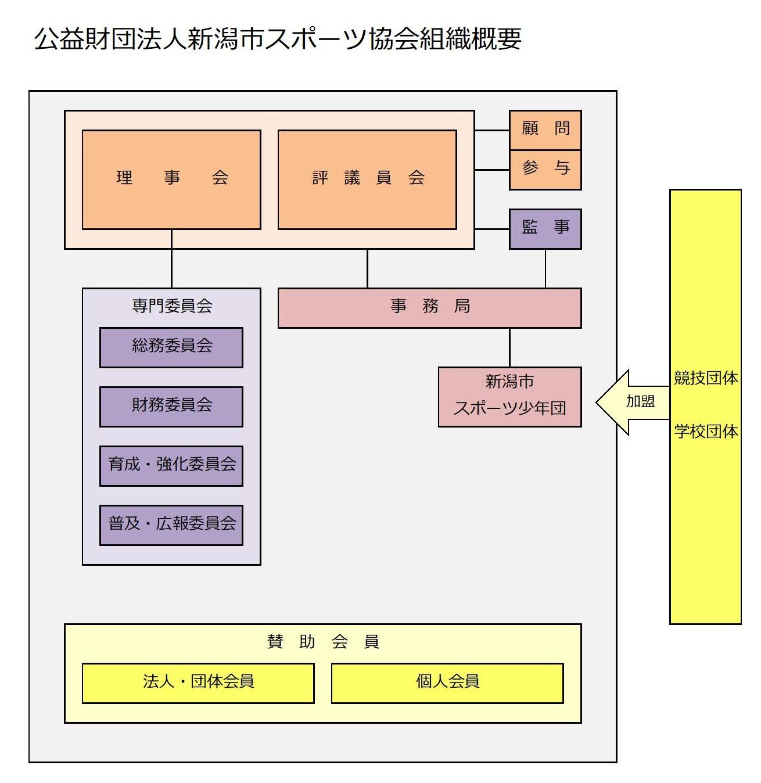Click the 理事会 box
coord(171,179)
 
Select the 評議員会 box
coord(367,179)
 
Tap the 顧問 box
coord(545,130)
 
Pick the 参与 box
coord(545,170)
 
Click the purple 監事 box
coord(545,228)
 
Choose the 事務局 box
coord(429,308)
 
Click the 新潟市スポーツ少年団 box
coord(509,397)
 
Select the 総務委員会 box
coord(171,347)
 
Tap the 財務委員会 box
coord(171,407)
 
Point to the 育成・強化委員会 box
coord(171,466)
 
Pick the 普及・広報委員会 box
coord(171,525)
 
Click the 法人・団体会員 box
coord(198,683)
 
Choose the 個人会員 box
coord(447,683)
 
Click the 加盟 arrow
coord(633,402)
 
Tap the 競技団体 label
coord(705,378)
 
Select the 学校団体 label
coord(705,432)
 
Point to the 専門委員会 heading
coord(172,306)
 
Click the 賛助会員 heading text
coord(323,642)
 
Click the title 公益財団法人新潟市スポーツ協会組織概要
coord(278,39)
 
